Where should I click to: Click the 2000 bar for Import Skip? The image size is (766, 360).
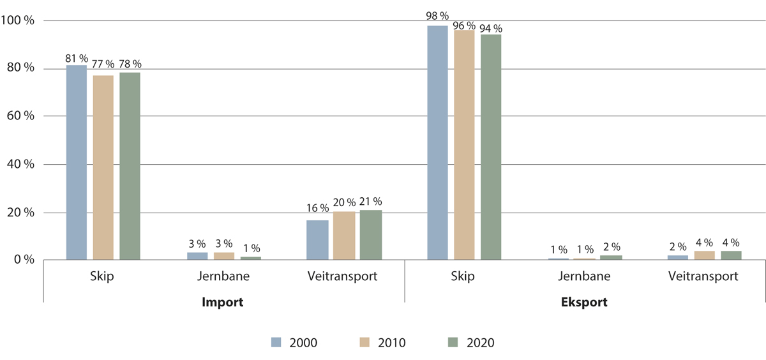click(x=76, y=163)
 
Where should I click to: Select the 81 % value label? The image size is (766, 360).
click(x=76, y=58)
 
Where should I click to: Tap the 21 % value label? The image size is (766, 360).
click(x=370, y=202)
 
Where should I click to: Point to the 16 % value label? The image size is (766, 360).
click(x=317, y=208)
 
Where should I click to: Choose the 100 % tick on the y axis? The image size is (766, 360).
click(x=19, y=21)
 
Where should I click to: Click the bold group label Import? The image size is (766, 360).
click(x=223, y=302)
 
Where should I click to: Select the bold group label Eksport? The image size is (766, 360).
click(x=585, y=302)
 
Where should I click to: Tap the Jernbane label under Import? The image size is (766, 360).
click(x=223, y=277)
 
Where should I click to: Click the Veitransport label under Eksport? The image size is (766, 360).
click(x=705, y=277)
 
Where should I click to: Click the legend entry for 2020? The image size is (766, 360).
click(x=469, y=343)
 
